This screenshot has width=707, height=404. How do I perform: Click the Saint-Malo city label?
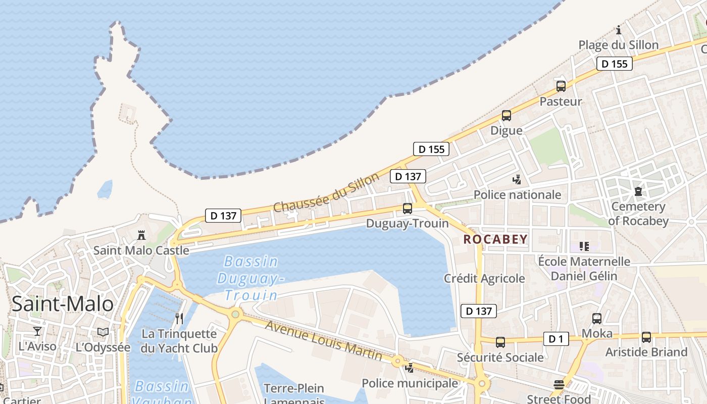coord(63,304)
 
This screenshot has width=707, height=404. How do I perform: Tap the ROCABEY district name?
coord(495,239)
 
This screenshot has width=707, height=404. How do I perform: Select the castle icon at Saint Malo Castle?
coord(141,235)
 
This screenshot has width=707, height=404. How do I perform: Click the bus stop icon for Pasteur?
coord(561,86)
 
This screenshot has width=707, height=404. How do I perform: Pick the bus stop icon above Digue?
coord(507,116)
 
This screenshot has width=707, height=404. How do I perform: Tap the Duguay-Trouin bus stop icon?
coord(407,208)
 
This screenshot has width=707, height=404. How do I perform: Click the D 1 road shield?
coord(556,339)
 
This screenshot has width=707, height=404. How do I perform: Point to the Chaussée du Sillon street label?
coord(326,193)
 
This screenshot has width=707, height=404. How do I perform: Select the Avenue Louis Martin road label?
coord(324,341)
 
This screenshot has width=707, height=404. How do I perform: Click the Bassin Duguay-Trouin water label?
coord(250,278)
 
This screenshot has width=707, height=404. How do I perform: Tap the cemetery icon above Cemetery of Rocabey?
coord(638,191)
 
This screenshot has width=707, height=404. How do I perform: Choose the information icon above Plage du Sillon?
coord(619,30)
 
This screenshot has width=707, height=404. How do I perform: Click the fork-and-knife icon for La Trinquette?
coord(179,318)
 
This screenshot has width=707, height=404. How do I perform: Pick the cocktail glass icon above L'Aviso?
coord(37,331)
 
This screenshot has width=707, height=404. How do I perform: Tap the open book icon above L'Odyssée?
coord(103,332)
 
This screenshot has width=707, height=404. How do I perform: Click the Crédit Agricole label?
coord(484,278)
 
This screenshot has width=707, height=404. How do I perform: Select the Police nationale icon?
coord(517,179)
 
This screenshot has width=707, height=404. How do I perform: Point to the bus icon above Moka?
coord(597,319)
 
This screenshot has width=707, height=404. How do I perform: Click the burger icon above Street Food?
coord(559,385)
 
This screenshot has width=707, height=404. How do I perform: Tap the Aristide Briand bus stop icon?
coord(646,337)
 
